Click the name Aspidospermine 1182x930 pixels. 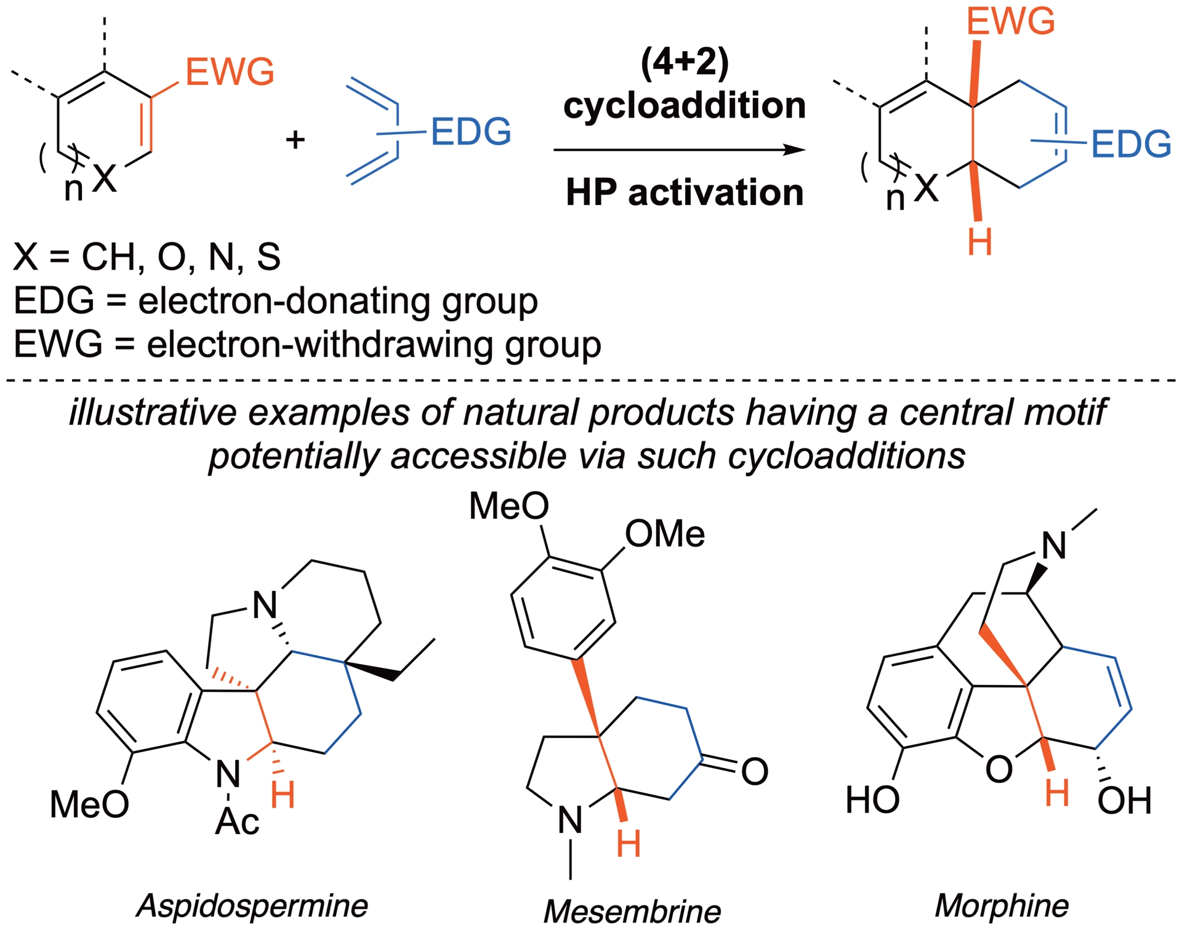[252, 905]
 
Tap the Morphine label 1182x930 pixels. [1002, 905]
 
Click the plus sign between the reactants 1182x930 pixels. [295, 140]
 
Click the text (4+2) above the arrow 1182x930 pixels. [685, 63]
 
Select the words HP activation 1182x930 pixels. [685, 192]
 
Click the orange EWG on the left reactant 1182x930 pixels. [230, 72]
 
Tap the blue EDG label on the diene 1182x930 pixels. [471, 132]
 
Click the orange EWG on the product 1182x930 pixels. [1010, 22]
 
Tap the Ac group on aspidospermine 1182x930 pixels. [237, 821]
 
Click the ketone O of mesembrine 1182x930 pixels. [755, 771]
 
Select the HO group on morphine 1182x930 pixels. [872, 800]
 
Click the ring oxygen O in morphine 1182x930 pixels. [999, 769]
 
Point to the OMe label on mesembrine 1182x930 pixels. [665, 534]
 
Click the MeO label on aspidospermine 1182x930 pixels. [89, 804]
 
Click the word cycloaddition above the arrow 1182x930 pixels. [685, 106]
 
